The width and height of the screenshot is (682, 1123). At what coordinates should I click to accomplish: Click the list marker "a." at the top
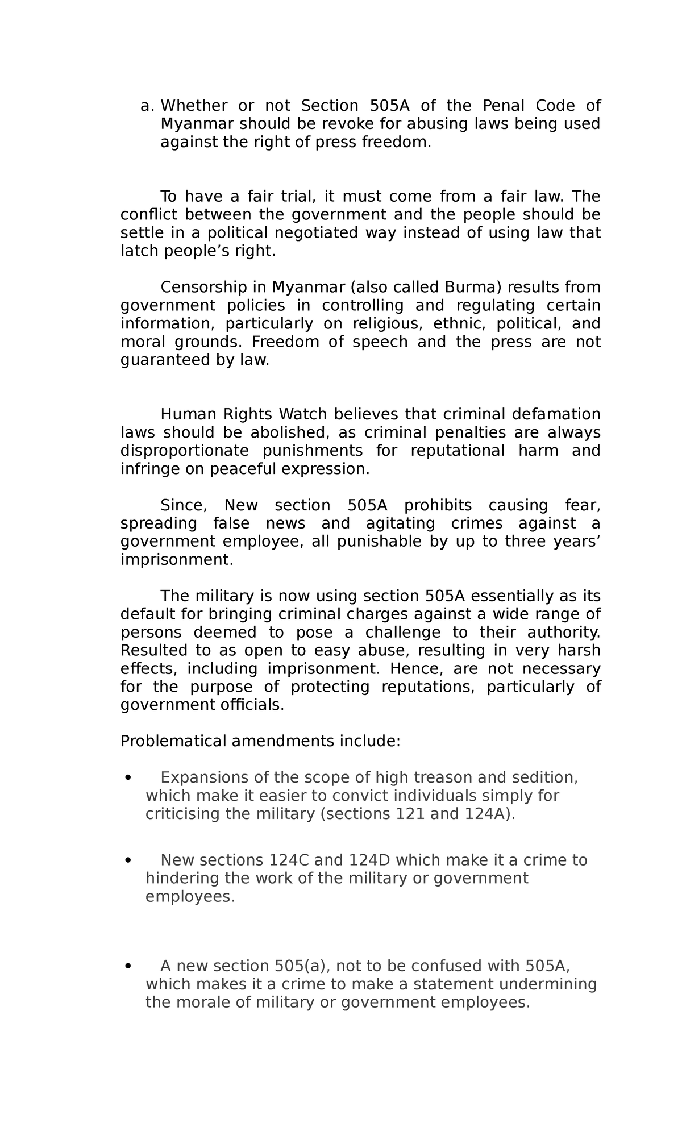147,106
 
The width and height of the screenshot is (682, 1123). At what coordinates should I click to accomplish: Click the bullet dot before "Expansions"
128,777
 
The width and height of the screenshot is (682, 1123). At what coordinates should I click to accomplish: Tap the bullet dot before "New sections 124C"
128,860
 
